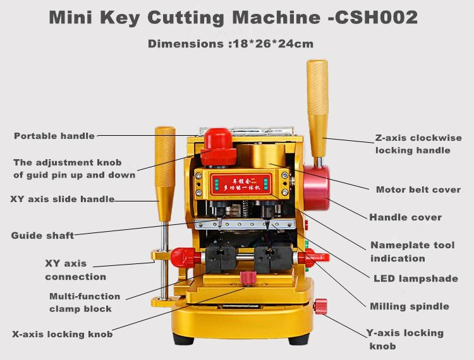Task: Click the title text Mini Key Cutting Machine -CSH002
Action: click(233, 18)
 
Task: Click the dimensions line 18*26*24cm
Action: click(231, 44)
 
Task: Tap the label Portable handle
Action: click(54, 136)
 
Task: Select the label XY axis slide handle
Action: click(63, 199)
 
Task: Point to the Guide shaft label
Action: click(42, 236)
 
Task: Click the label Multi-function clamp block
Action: click(85, 303)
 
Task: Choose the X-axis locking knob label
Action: click(63, 334)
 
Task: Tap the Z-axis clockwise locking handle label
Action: click(418, 144)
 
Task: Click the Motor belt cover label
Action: click(418, 189)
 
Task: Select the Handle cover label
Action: click(405, 217)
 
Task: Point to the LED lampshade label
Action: click(415, 279)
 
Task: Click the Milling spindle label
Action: click(410, 306)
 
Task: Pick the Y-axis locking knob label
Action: click(404, 339)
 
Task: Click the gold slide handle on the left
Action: click(165, 171)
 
